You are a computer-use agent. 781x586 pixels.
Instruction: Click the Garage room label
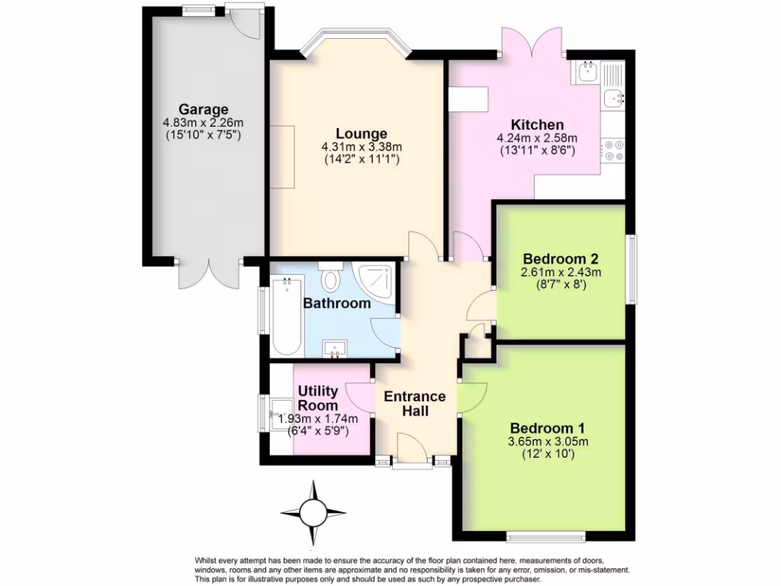click(203, 109)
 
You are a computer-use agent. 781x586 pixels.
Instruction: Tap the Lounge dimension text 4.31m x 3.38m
click(362, 146)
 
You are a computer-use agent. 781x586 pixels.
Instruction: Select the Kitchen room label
click(537, 124)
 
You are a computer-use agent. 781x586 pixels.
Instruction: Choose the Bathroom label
click(337, 303)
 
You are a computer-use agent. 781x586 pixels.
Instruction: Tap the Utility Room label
click(318, 398)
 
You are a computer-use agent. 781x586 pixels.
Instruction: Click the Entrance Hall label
click(414, 404)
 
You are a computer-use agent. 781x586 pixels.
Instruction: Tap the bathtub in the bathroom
click(287, 317)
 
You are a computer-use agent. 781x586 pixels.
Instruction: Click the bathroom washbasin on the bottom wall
click(336, 349)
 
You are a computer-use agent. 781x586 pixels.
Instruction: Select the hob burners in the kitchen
click(613, 150)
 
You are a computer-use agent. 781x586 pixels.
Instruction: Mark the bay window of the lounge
click(356, 41)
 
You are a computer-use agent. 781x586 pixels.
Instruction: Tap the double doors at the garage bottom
click(210, 275)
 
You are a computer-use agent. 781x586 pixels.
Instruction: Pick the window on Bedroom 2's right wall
click(632, 268)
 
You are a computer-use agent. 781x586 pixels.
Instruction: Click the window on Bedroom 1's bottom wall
click(546, 532)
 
